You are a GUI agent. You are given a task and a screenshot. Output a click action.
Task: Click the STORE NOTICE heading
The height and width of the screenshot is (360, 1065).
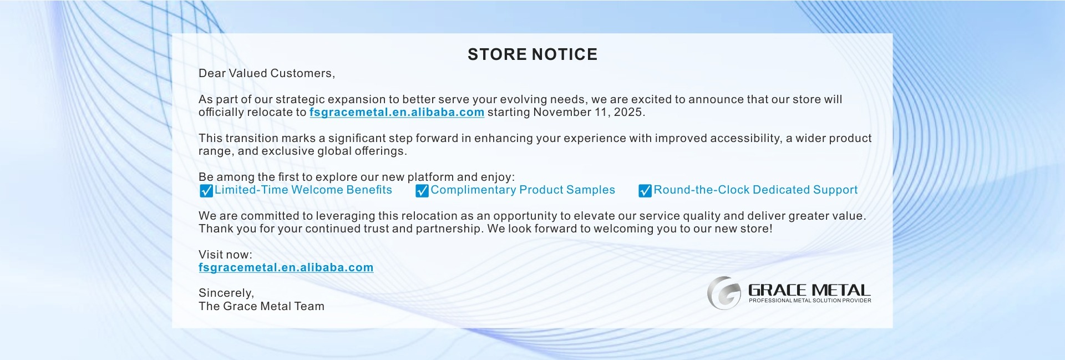532,54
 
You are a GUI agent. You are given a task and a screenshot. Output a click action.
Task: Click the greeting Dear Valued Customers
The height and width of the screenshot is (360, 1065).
267,73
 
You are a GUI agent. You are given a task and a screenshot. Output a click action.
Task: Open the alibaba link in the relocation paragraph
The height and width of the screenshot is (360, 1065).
397,113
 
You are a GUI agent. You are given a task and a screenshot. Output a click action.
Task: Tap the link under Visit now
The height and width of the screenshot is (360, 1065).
286,268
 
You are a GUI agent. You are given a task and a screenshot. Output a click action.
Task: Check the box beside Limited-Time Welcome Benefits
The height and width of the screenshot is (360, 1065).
206,191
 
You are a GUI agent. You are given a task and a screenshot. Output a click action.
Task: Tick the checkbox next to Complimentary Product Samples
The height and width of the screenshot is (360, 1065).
422,191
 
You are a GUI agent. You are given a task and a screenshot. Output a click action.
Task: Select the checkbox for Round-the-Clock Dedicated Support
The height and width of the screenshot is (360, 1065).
645,191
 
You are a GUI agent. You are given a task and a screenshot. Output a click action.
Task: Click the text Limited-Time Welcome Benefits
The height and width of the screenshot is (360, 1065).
303,190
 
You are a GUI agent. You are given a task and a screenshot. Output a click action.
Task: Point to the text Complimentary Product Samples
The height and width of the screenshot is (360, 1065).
523,190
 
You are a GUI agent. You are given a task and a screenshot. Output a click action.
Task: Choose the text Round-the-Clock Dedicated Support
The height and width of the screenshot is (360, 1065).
755,190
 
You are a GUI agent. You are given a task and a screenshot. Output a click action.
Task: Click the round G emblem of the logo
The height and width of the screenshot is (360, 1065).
724,293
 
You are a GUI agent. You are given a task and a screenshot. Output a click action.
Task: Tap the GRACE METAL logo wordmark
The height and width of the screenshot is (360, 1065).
809,290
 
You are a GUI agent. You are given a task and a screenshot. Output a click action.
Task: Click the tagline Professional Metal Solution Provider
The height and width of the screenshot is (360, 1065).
810,301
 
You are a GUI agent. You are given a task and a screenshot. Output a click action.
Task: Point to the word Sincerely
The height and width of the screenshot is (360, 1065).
226,293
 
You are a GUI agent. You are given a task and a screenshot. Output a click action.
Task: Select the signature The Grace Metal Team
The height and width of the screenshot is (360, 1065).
261,306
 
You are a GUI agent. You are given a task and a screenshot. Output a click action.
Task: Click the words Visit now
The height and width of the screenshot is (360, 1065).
225,255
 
